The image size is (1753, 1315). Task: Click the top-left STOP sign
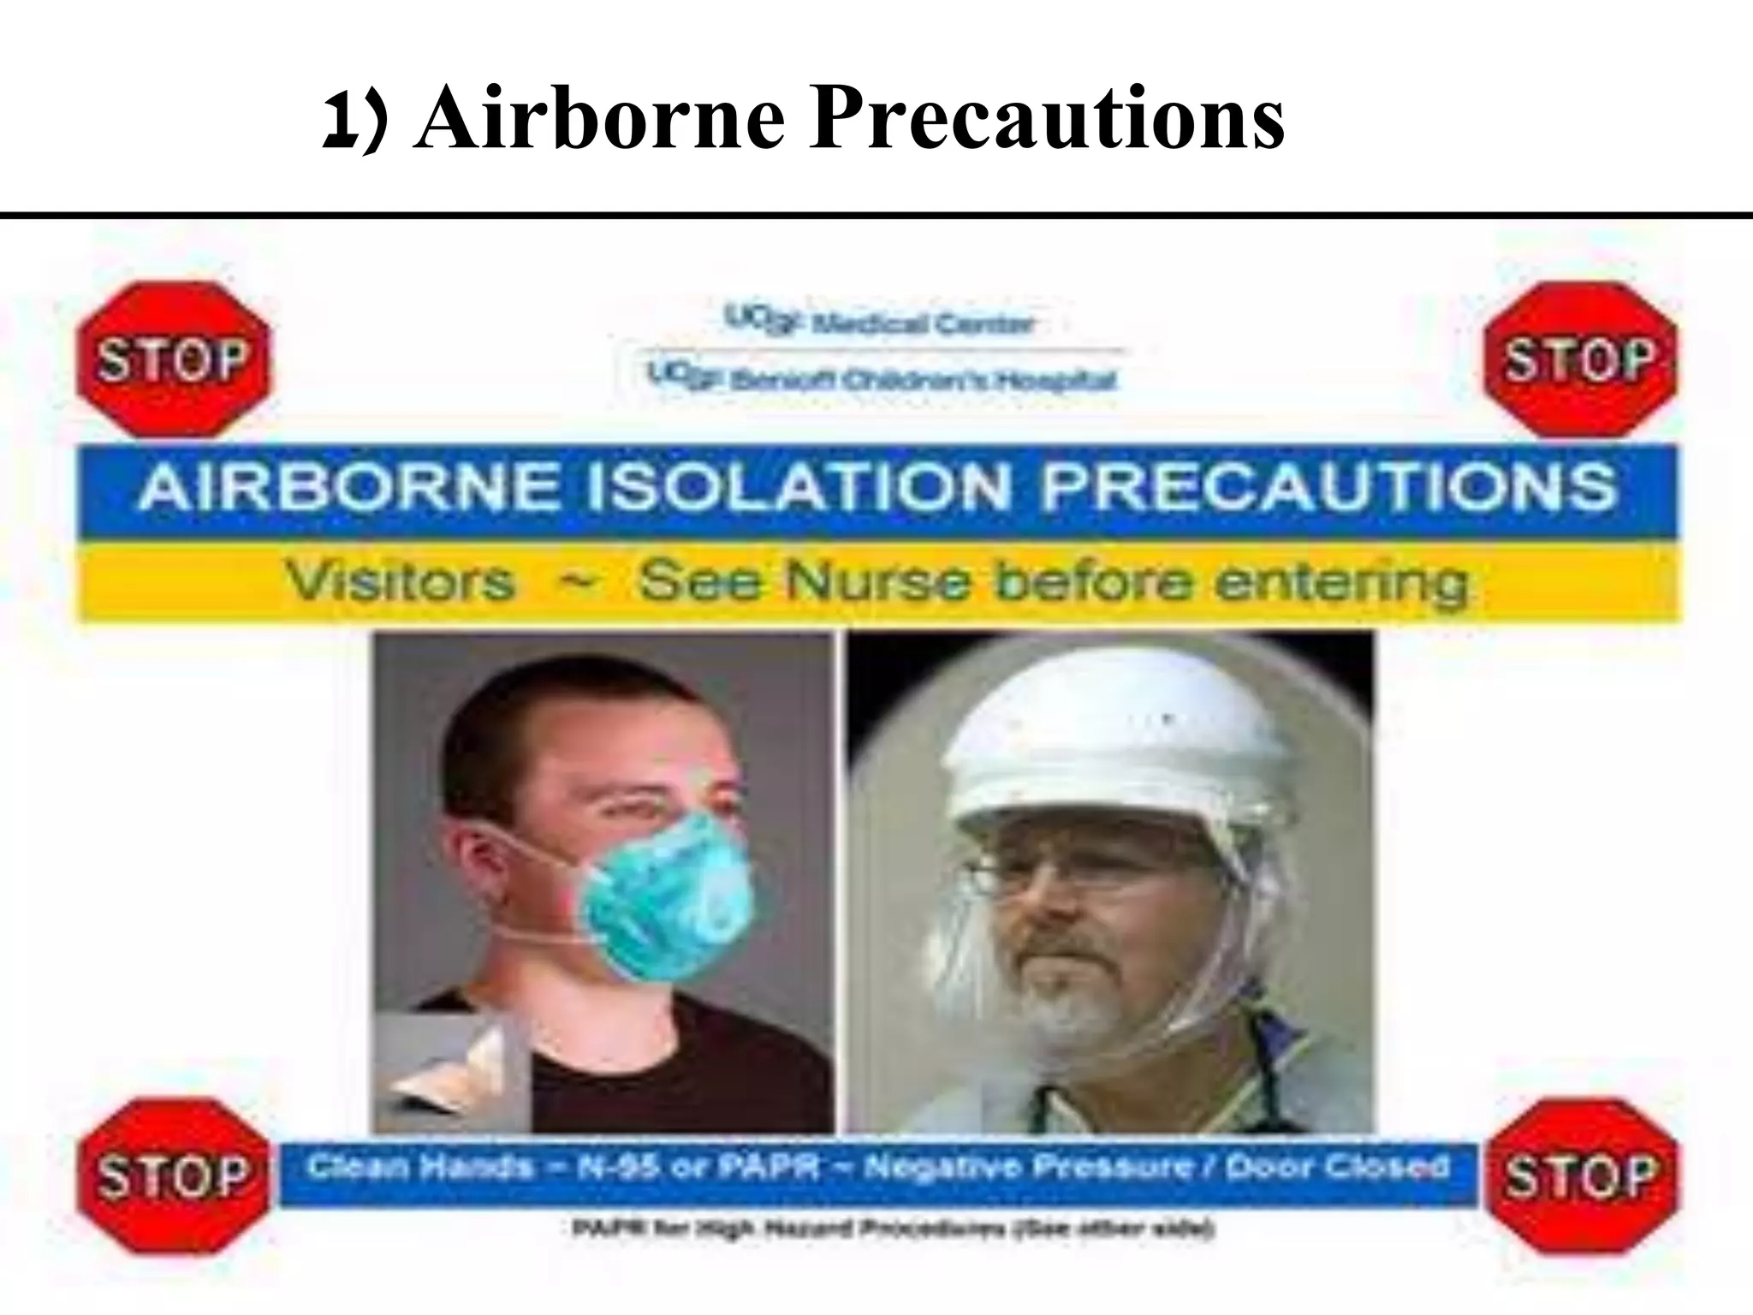click(172, 360)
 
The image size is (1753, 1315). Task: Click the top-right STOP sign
click(1579, 360)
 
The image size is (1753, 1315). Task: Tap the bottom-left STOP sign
click(172, 1176)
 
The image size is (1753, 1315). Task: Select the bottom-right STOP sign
click(1579, 1176)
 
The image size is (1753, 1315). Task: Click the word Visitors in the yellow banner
click(401, 582)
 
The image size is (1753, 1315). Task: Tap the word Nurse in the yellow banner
click(878, 582)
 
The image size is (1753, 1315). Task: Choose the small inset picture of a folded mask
click(449, 1070)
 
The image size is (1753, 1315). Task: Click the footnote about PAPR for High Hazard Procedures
click(890, 1230)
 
